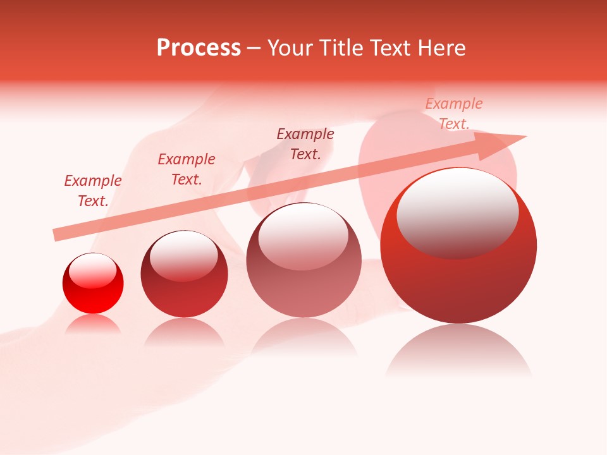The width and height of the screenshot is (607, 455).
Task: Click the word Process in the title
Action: [x=199, y=48]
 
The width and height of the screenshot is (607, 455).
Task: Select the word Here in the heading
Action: [x=440, y=48]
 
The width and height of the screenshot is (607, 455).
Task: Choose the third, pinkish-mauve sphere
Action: [x=304, y=260]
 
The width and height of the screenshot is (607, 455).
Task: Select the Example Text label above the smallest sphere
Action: [x=93, y=191]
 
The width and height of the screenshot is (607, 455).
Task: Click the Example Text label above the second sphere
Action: [x=187, y=169]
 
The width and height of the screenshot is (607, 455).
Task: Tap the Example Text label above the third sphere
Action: [x=305, y=143]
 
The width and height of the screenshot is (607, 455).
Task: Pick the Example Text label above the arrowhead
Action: [x=454, y=114]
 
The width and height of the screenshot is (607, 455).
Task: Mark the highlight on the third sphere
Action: [x=303, y=236]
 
